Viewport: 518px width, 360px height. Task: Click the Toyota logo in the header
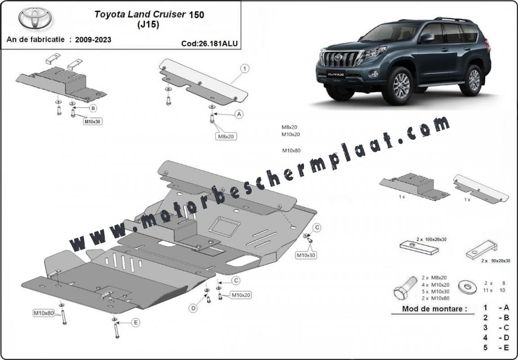[x=35, y=18]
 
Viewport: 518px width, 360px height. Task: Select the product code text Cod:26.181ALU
[x=210, y=44]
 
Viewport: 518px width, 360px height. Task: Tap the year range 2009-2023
[x=93, y=40]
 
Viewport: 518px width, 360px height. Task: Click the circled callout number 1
[x=244, y=69]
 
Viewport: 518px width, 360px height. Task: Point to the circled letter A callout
[x=239, y=114]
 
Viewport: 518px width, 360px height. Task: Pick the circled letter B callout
[x=93, y=108]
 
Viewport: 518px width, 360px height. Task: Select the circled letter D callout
[x=193, y=308]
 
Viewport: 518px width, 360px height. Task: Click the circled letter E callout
[x=135, y=323]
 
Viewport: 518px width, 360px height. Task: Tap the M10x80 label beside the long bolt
[x=43, y=313]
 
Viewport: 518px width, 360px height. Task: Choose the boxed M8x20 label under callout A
[x=227, y=136]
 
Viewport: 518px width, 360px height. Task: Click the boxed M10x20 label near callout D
[x=241, y=295]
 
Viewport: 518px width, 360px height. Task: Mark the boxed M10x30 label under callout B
[x=92, y=121]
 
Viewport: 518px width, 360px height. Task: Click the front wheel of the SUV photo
[x=401, y=86]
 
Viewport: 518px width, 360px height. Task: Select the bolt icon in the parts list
[x=405, y=289]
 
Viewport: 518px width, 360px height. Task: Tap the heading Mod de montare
[x=434, y=309]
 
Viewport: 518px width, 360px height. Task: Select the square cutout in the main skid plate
[x=223, y=227]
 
